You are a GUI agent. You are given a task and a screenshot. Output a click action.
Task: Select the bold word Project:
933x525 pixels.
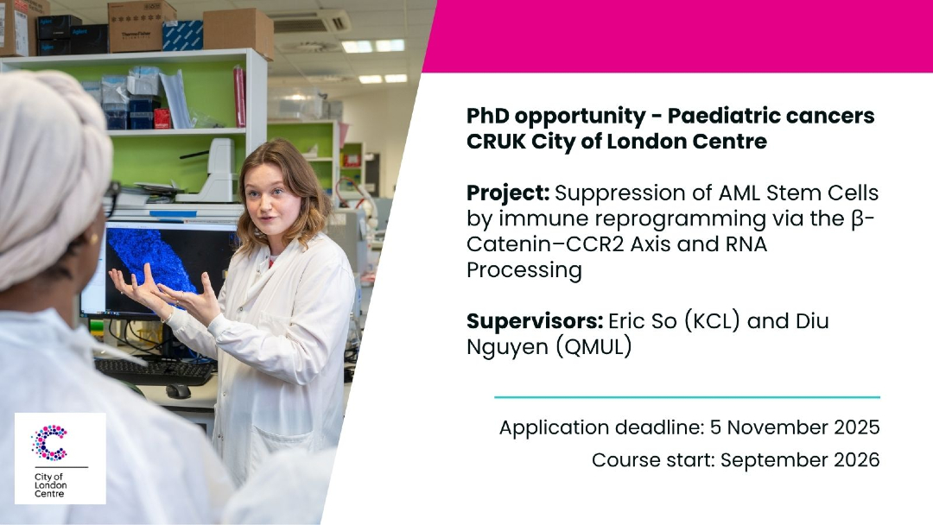coord(508,193)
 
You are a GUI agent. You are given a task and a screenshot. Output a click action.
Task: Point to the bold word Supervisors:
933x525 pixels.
coord(535,321)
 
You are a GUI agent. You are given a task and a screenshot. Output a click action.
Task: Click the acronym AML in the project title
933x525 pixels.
coord(739,193)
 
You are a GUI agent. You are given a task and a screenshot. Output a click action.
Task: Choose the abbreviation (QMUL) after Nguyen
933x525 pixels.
coord(593,347)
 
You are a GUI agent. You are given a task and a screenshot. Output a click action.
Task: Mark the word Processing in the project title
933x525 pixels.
coord(524,270)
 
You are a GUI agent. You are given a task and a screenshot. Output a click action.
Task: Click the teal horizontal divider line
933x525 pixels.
coord(688,397)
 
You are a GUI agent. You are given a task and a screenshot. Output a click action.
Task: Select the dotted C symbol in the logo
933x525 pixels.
coord(50,443)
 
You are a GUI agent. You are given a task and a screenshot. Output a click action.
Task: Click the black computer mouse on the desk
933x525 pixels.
coord(178,391)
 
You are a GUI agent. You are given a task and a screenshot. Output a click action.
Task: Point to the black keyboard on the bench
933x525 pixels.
coord(154,370)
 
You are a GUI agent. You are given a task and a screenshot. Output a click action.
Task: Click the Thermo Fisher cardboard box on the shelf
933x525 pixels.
coord(143,27)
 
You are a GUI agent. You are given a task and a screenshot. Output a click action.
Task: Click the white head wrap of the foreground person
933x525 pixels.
coord(51,173)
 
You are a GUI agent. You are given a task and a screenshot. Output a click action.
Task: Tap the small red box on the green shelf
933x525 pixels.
coord(162,118)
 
